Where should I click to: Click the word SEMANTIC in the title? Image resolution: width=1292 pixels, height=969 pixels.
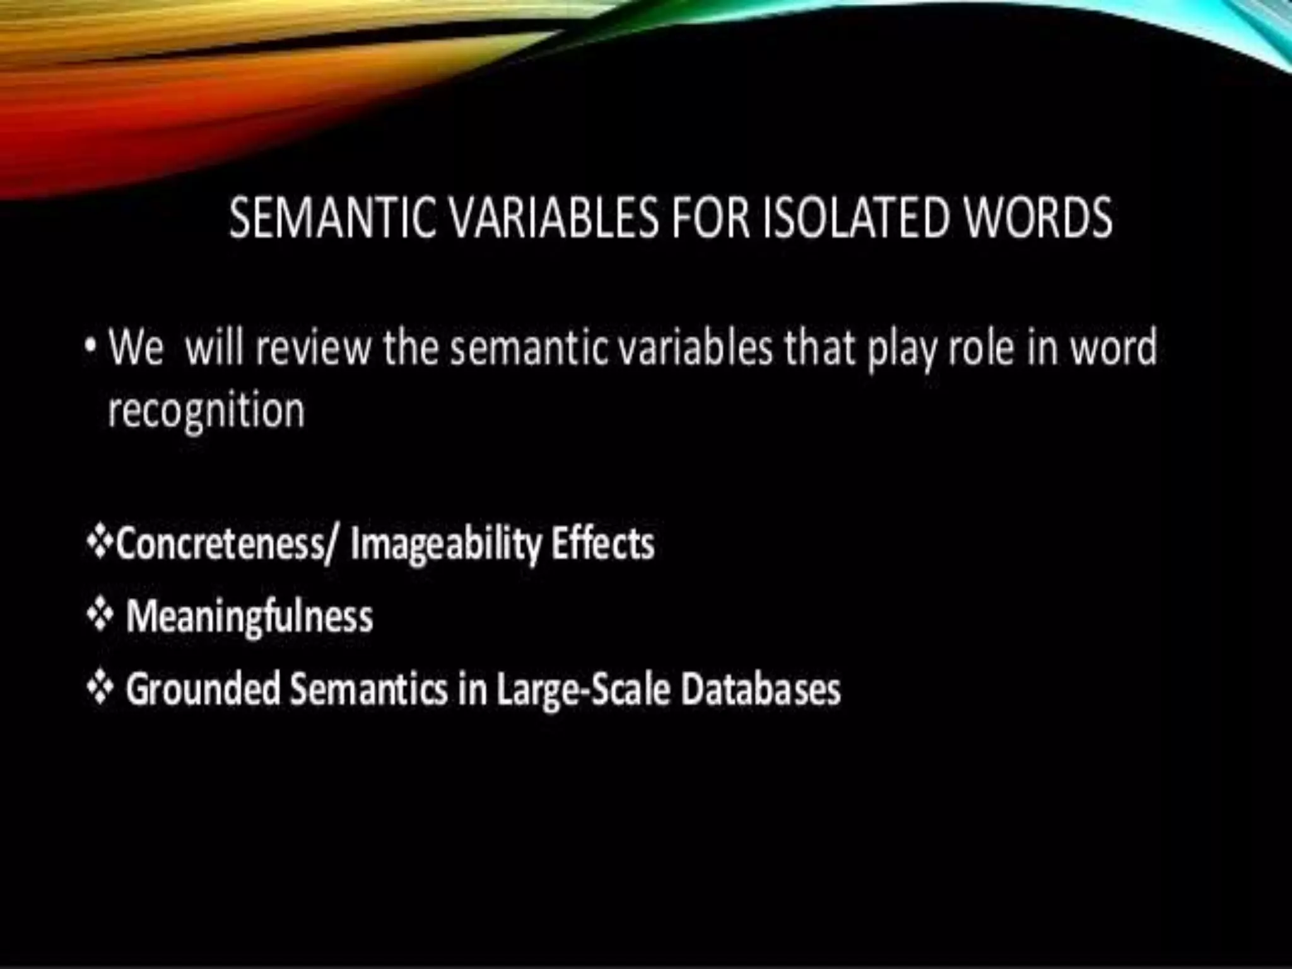click(x=332, y=218)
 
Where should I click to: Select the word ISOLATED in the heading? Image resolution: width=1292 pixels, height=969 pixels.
click(x=855, y=218)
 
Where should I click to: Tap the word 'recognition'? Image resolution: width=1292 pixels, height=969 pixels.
click(x=206, y=411)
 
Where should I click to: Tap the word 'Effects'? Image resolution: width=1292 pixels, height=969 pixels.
click(x=603, y=543)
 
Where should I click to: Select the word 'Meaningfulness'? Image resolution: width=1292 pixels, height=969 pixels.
click(x=250, y=616)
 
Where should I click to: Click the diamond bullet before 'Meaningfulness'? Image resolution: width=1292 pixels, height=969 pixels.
click(x=100, y=616)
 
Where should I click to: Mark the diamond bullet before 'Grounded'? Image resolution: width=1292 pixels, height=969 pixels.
click(x=100, y=688)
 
